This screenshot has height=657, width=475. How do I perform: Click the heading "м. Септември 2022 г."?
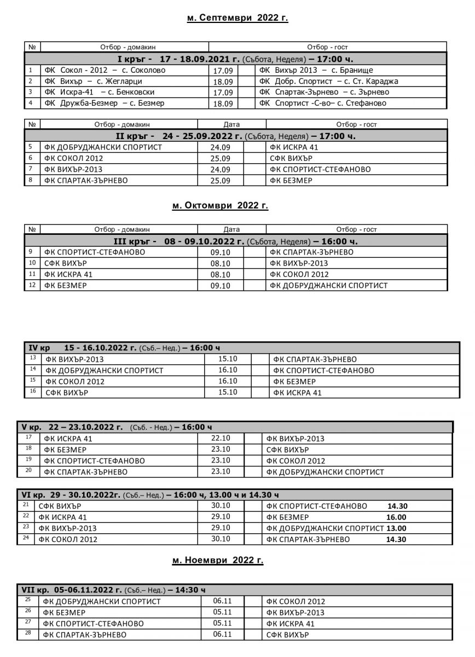pos(237,18)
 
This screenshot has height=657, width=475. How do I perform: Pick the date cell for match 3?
pos(223,93)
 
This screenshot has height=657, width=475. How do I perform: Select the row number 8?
pos(32,180)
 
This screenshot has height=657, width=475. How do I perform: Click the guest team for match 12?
pos(328,285)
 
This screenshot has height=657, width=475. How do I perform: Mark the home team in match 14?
pos(105,371)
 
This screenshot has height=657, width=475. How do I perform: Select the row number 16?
pos(33,391)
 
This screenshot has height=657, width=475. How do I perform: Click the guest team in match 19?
pos(296,461)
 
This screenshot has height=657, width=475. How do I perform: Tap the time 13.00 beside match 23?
pos(396,528)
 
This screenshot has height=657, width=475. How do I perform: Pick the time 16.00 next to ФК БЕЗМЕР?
pos(396,517)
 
